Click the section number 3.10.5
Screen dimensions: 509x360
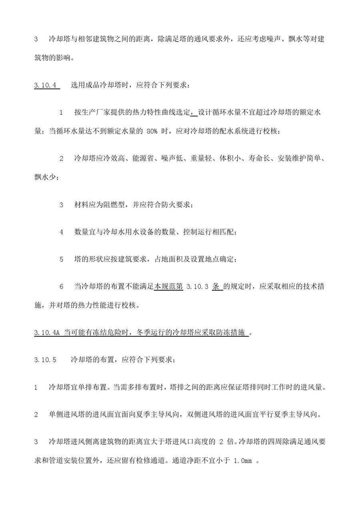(46, 359)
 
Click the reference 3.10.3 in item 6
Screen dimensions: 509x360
(198, 286)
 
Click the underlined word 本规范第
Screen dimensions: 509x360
(168, 286)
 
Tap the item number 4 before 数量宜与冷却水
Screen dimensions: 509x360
(62, 232)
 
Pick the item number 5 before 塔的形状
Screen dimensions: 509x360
(62, 259)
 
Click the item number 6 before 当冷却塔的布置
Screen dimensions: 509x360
(62, 286)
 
